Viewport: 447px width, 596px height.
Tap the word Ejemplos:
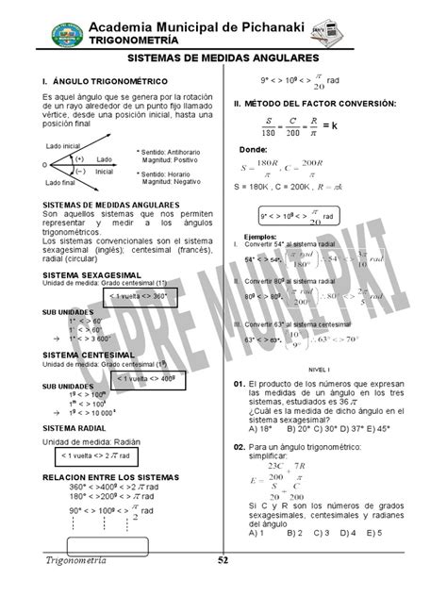pos(260,236)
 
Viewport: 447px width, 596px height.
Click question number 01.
pos(239,387)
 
